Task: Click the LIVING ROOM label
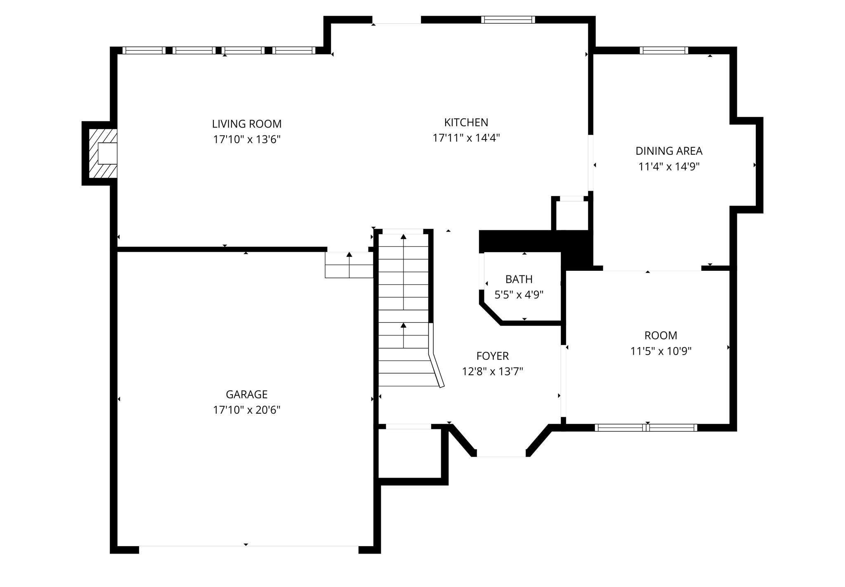[x=247, y=124]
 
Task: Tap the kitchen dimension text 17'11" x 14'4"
[x=466, y=138]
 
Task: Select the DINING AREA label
[x=668, y=151]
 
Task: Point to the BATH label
[x=519, y=279]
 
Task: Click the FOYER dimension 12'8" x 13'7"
[x=492, y=372]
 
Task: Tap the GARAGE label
[x=247, y=395]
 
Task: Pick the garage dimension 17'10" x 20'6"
[x=247, y=410]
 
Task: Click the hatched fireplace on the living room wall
[x=103, y=154]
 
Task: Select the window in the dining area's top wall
[x=663, y=50]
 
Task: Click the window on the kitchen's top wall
[x=507, y=19]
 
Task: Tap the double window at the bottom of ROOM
[x=646, y=428]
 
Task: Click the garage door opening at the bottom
[x=248, y=549]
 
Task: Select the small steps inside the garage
[x=349, y=265]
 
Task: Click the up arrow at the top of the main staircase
[x=404, y=237]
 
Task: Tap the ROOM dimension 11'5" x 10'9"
[x=661, y=351]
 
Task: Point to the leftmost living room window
[x=144, y=50]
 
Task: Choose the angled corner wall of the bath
[x=491, y=312]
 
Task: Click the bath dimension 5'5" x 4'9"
[x=519, y=295]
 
